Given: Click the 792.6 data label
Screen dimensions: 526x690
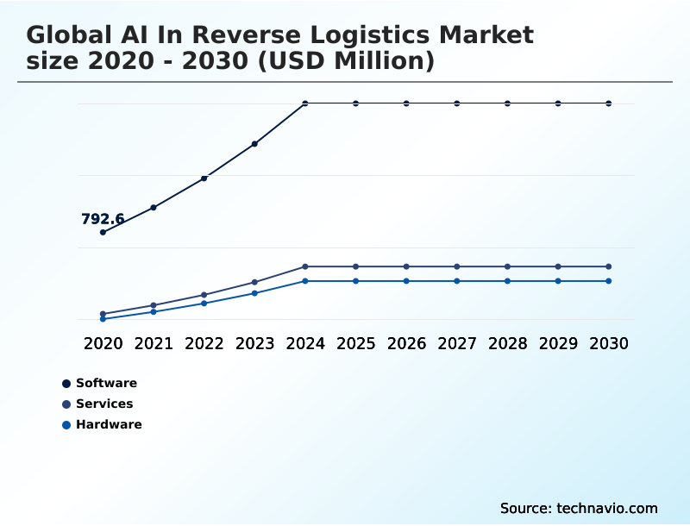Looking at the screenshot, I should click(x=103, y=219).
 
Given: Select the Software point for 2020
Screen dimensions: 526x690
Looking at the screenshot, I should click(x=103, y=232).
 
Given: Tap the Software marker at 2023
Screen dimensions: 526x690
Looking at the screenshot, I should click(x=254, y=144).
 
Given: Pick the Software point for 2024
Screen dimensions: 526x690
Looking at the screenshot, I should click(x=305, y=103).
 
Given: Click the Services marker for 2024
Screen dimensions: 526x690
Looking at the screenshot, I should click(x=305, y=266).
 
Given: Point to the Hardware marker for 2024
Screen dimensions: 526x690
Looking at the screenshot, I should click(x=305, y=281).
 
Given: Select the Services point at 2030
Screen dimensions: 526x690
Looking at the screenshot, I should click(x=609, y=266).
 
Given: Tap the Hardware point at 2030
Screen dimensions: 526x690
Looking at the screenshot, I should click(x=609, y=281).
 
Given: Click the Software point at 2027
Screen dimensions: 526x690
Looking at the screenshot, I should click(x=457, y=103).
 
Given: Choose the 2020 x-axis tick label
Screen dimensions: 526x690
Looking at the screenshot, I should click(x=103, y=343).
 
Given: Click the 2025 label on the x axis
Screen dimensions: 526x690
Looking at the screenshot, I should click(x=355, y=343).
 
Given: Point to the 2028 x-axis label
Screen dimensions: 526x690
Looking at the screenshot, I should click(x=507, y=343).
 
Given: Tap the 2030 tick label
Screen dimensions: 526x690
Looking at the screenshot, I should click(x=609, y=343).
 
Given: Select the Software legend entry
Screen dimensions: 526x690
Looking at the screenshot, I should click(x=106, y=383).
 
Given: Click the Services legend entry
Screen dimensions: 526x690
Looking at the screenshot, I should click(x=104, y=404).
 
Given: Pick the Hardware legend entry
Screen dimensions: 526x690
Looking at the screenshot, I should click(x=109, y=424).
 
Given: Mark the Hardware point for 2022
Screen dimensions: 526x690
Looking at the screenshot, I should click(x=204, y=304).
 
